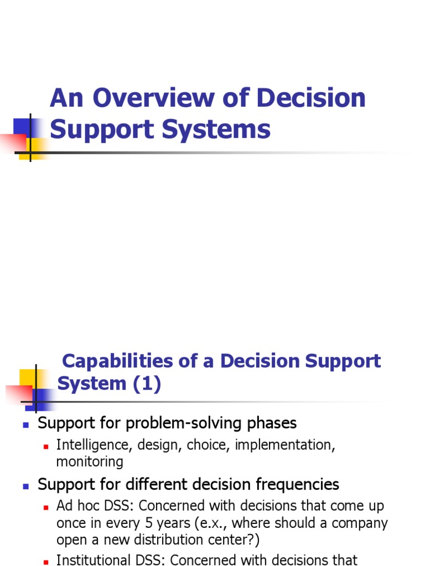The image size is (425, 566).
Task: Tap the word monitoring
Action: [90, 462]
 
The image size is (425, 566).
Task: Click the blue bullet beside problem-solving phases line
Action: [25, 424]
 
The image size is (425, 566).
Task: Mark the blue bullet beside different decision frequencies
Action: [25, 486]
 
